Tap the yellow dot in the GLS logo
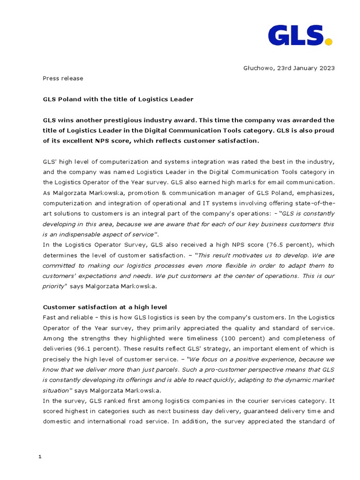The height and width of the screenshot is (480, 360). (329, 42)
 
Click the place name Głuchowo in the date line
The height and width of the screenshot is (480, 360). (259, 68)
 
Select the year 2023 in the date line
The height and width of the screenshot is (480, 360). (326, 68)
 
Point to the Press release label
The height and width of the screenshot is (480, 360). (63, 78)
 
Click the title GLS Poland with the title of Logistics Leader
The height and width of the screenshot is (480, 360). (118, 99)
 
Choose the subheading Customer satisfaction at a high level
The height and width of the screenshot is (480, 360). (105, 307)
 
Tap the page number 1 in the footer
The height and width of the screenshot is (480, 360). (40, 457)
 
